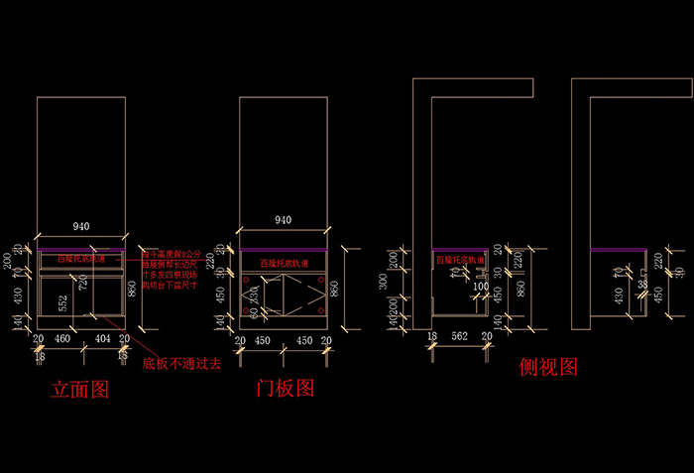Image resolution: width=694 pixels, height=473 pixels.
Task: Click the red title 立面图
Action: pyautogui.click(x=79, y=389)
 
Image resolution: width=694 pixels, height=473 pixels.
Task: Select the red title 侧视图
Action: pyautogui.click(x=548, y=367)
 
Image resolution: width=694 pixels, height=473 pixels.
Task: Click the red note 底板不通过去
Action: pyautogui.click(x=181, y=364)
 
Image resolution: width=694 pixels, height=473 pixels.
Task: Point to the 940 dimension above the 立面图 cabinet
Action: pyautogui.click(x=81, y=226)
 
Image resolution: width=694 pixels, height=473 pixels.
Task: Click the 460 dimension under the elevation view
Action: pyautogui.click(x=60, y=339)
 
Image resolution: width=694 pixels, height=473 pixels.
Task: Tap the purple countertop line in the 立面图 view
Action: pyautogui.click(x=81, y=248)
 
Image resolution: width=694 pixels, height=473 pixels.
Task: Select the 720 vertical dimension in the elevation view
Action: pyautogui.click(x=83, y=284)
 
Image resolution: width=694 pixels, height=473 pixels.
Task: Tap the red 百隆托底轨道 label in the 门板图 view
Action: pyautogui.click(x=285, y=264)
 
